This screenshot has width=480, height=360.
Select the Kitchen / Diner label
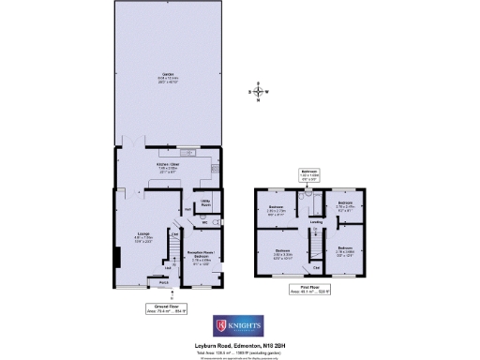click(x=169, y=166)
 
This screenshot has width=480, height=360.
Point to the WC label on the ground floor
click(x=191, y=222)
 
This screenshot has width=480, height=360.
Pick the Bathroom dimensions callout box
click(x=309, y=173)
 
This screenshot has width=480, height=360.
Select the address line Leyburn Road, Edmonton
click(x=239, y=345)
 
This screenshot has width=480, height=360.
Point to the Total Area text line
click(x=239, y=351)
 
